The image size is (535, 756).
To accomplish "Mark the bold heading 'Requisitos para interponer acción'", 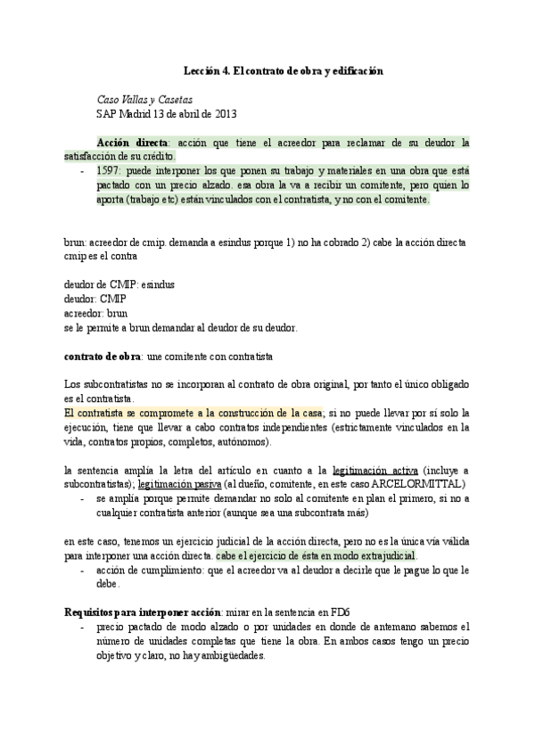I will click(x=142, y=612).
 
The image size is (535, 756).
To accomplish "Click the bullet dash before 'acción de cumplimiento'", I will click(x=82, y=569).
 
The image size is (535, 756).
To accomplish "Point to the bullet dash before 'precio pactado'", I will click(x=82, y=627).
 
